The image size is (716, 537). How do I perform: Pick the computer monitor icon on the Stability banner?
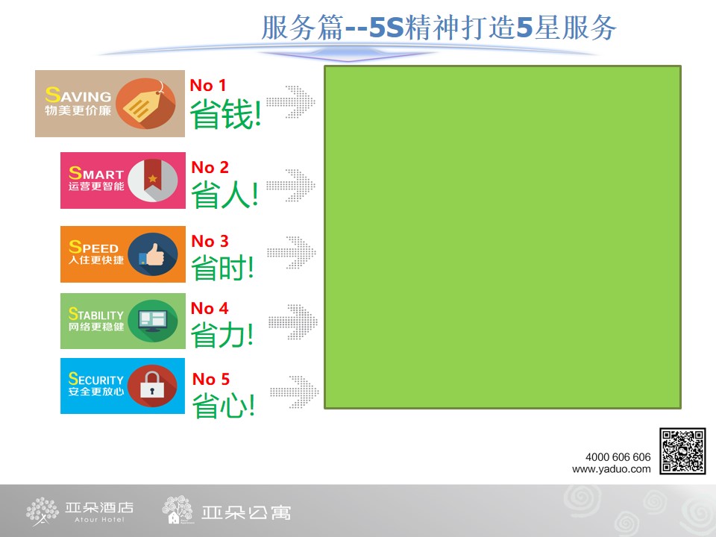[153, 321]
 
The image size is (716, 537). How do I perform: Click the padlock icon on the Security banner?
[152, 386]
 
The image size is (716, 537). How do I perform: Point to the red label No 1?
[208, 85]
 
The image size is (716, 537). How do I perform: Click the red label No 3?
[210, 241]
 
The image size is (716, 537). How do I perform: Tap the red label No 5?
[211, 379]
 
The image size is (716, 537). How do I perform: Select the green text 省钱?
[225, 114]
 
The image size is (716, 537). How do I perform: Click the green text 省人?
[224, 195]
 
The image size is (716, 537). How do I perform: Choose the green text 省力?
[222, 335]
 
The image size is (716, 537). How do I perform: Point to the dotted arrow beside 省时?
[292, 253]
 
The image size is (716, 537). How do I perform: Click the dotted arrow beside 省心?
[294, 392]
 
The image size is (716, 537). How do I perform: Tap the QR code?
[682, 451]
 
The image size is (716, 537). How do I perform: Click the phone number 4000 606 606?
[618, 457]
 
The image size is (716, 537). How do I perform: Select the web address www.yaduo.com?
[612, 469]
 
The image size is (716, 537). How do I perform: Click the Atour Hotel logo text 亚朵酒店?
[99, 507]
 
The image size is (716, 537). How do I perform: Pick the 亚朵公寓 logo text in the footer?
[246, 513]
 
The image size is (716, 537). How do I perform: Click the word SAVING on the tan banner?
[78, 95]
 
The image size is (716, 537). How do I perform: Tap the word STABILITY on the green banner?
[96, 314]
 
